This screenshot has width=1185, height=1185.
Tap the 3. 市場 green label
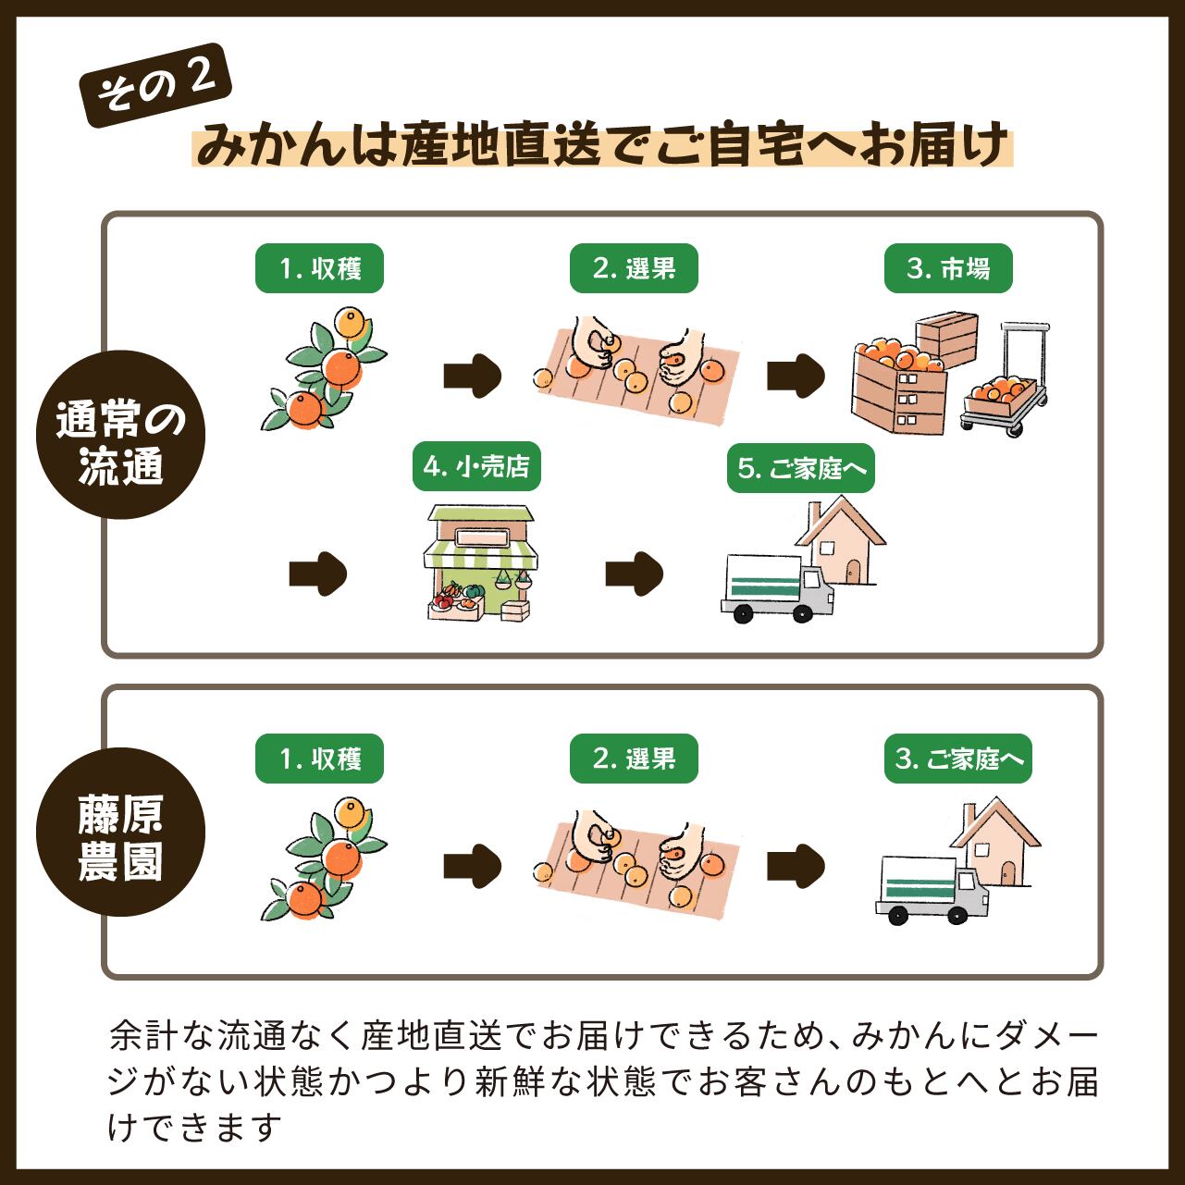point(948,269)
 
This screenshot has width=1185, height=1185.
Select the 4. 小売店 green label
point(476,467)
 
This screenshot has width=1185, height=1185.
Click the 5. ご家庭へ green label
point(801,468)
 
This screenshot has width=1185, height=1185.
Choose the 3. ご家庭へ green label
point(958,759)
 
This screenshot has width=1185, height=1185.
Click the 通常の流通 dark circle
point(120,435)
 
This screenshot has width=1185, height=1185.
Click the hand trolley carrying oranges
point(1008,384)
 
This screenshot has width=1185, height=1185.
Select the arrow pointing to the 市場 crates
point(795,376)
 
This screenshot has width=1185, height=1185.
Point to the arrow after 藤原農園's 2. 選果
point(795,866)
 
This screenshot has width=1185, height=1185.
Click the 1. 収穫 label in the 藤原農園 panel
point(319,759)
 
